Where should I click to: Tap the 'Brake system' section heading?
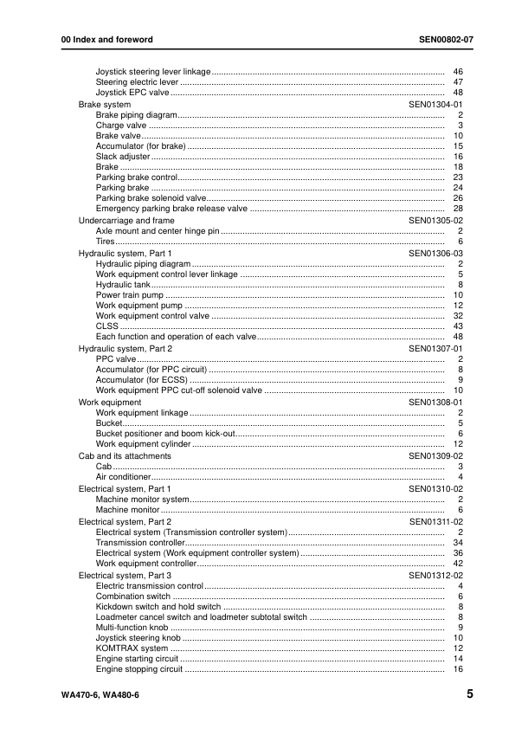(x=105, y=104)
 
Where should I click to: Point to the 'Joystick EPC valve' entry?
(x=132, y=93)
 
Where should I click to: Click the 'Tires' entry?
(x=107, y=242)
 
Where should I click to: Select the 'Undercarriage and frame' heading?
(x=126, y=221)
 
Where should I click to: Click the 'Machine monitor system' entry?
(x=142, y=500)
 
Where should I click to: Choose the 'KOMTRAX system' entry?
(x=132, y=648)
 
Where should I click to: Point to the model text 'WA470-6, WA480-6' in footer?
(x=90, y=694)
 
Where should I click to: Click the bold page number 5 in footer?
(x=468, y=694)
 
